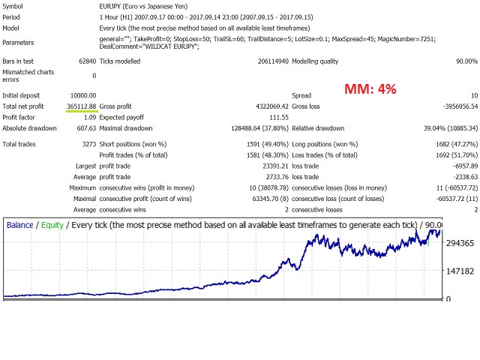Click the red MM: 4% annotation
(370, 89)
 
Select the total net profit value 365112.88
(81, 106)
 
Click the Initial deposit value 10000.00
(81, 95)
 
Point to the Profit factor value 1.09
(89, 118)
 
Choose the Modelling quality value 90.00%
(460, 61)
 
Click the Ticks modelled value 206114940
(256, 61)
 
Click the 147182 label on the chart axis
(460, 271)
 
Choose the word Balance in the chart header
(20, 204)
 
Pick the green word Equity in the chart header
(52, 204)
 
